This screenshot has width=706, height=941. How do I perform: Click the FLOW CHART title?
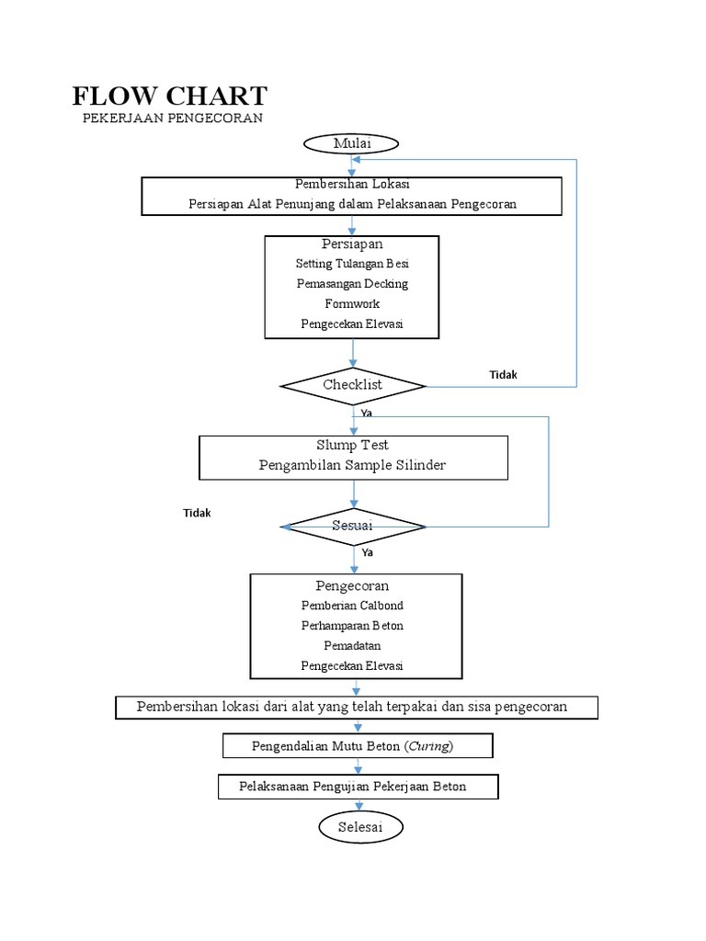click(170, 96)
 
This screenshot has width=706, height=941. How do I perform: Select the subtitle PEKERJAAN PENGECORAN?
click(172, 119)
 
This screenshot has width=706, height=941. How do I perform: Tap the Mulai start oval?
click(351, 143)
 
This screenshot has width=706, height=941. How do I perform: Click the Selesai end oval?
click(359, 827)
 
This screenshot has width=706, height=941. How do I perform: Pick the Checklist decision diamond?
click(353, 385)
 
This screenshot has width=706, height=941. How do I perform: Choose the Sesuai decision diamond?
click(353, 526)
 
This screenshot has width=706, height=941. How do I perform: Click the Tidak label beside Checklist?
click(503, 375)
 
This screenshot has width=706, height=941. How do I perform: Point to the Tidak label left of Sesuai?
click(196, 513)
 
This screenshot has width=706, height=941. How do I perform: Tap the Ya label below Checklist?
click(366, 414)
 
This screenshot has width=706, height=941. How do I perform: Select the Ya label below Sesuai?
click(368, 553)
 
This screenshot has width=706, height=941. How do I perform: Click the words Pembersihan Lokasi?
click(352, 185)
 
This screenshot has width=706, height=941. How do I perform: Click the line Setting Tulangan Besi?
click(352, 264)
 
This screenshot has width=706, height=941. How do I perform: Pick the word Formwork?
click(352, 303)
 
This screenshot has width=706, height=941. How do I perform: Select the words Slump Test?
click(352, 446)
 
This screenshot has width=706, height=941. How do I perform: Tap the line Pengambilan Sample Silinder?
click(352, 465)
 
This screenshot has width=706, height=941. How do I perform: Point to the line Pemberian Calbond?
click(352, 606)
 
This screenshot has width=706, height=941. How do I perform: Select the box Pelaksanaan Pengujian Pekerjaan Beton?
click(358, 787)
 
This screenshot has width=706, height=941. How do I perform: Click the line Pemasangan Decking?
click(352, 284)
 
